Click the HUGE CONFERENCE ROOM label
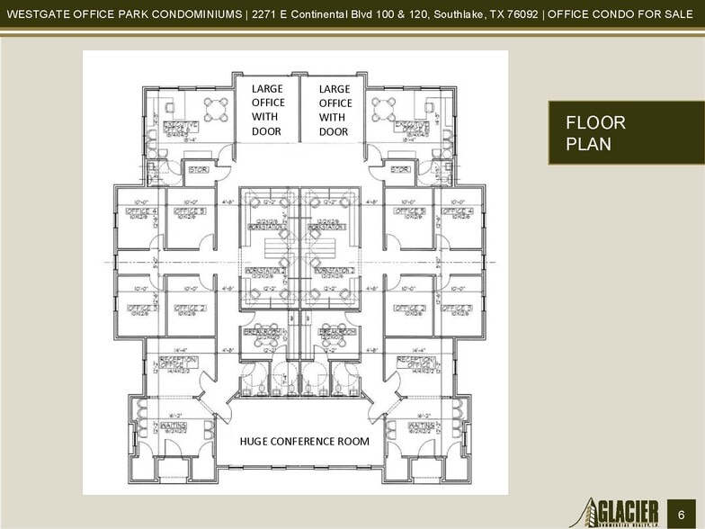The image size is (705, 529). [303, 442]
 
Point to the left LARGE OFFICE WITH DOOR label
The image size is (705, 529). [266, 110]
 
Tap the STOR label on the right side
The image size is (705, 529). [401, 169]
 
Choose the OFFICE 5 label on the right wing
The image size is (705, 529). [410, 212]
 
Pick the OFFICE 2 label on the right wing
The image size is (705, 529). [410, 309]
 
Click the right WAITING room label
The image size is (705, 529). [422, 425]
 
